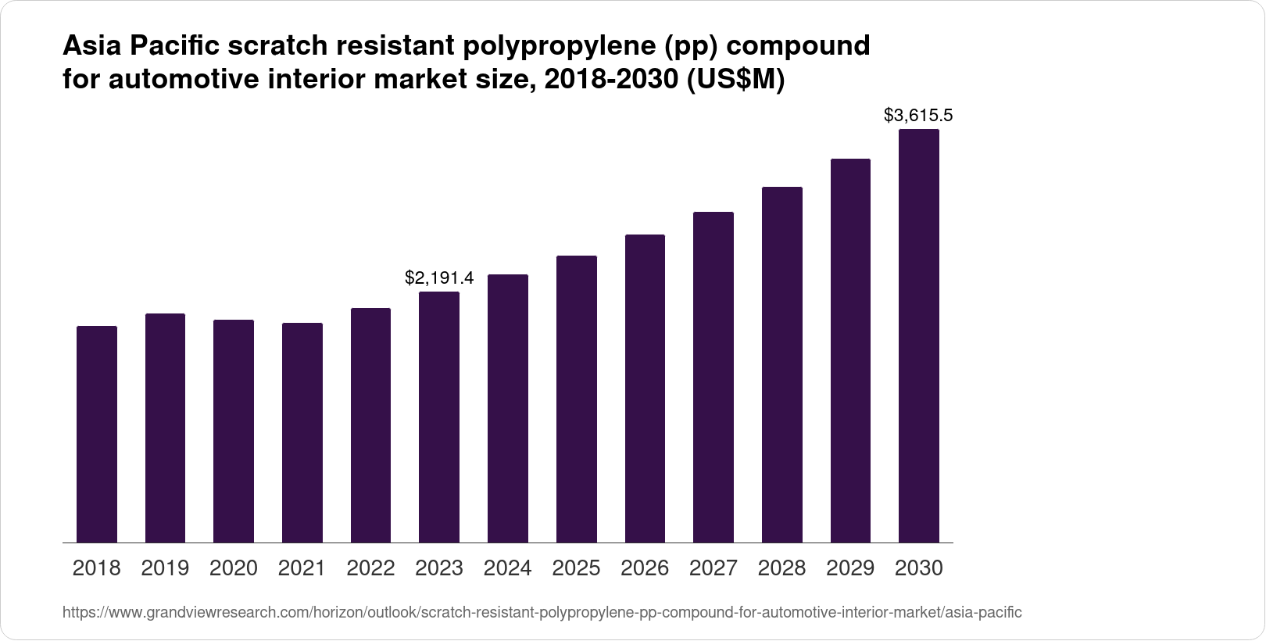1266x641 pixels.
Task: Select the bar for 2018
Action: coord(97,434)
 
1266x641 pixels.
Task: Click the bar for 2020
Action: coord(234,431)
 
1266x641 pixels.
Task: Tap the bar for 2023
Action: coord(439,417)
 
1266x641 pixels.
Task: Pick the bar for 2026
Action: coord(645,389)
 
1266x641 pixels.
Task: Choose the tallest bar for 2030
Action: coord(919,336)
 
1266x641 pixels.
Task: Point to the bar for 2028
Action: coord(782,364)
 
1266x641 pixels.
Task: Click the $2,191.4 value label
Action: coord(439,278)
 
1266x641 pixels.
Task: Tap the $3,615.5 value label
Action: coord(918,116)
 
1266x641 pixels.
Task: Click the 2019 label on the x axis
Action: coord(165,568)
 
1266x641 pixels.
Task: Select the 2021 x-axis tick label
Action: coord(302,568)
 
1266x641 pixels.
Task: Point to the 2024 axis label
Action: coord(508,568)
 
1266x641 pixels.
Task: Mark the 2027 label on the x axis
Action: coord(713,568)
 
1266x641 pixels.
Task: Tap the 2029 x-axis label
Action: coord(850,568)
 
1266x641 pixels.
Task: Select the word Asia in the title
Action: coord(93,46)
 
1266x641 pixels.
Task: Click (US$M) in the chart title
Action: coord(735,80)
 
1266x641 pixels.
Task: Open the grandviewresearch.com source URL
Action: coord(542,612)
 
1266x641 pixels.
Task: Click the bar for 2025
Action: coord(577,399)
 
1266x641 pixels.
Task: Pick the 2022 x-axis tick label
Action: coord(370,568)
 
